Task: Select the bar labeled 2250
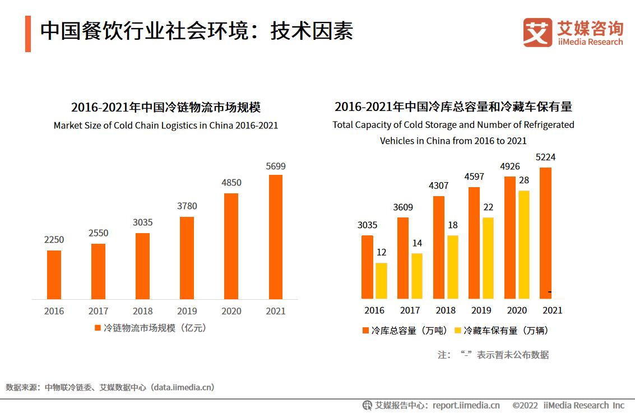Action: pyautogui.click(x=54, y=275)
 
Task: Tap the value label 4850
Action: pyautogui.click(x=231, y=183)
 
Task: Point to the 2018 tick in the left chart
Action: pyautogui.click(x=143, y=311)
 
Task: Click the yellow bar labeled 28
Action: pyautogui.click(x=524, y=244)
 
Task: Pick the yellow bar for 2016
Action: pyautogui.click(x=381, y=280)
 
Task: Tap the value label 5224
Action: pyautogui.click(x=545, y=157)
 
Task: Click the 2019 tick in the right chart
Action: pyautogui.click(x=481, y=310)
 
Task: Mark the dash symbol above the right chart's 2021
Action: pyautogui.click(x=550, y=292)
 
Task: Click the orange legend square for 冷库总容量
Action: pyautogui.click(x=366, y=331)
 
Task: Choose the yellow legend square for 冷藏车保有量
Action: pyautogui.click(x=458, y=331)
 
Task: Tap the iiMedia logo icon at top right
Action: pyautogui.click(x=537, y=33)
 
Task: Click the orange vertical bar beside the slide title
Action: pyautogui.click(x=28, y=34)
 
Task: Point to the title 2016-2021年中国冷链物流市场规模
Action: pyautogui.click(x=166, y=107)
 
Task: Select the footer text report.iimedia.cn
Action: pyautogui.click(x=466, y=405)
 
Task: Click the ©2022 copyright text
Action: pyautogui.click(x=525, y=405)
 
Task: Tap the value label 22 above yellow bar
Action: pyautogui.click(x=488, y=207)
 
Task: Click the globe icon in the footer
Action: pyautogui.click(x=368, y=405)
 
